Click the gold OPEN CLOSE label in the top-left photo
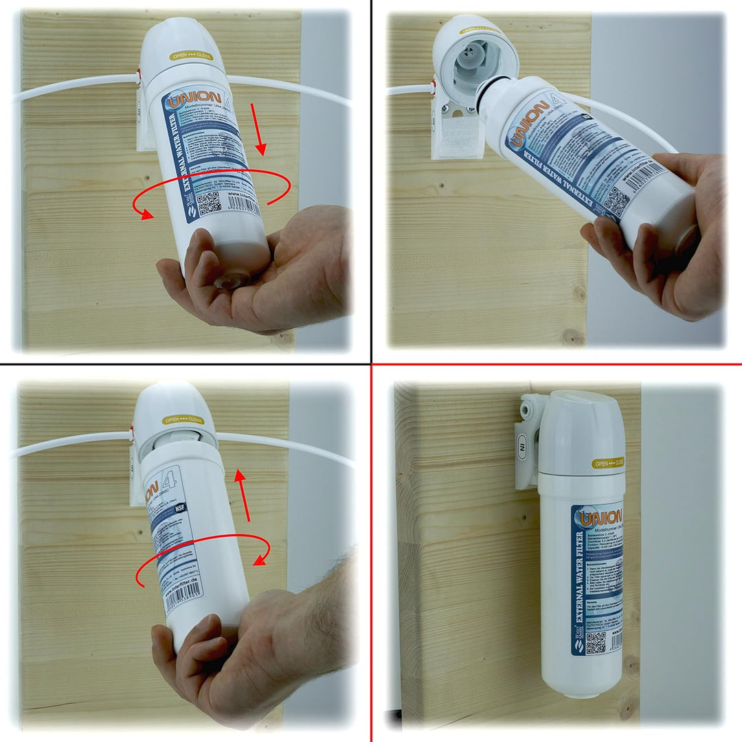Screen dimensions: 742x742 [x=190, y=56]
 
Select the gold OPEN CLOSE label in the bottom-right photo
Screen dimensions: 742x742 [x=609, y=463]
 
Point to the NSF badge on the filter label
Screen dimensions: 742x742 [x=181, y=508]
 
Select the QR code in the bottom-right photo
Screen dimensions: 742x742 [x=596, y=643]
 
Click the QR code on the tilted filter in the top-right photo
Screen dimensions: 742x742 [x=616, y=200]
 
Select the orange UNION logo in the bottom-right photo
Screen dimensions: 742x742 [x=600, y=517]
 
